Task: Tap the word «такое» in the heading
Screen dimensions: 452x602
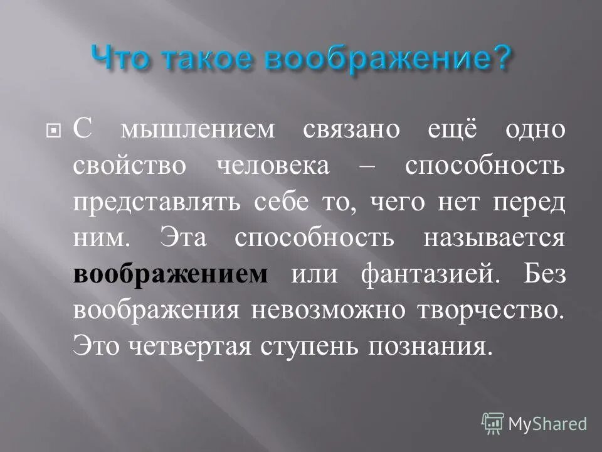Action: tap(204, 58)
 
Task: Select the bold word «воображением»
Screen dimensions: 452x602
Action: tap(171, 276)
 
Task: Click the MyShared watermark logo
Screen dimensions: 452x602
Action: tap(534, 423)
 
